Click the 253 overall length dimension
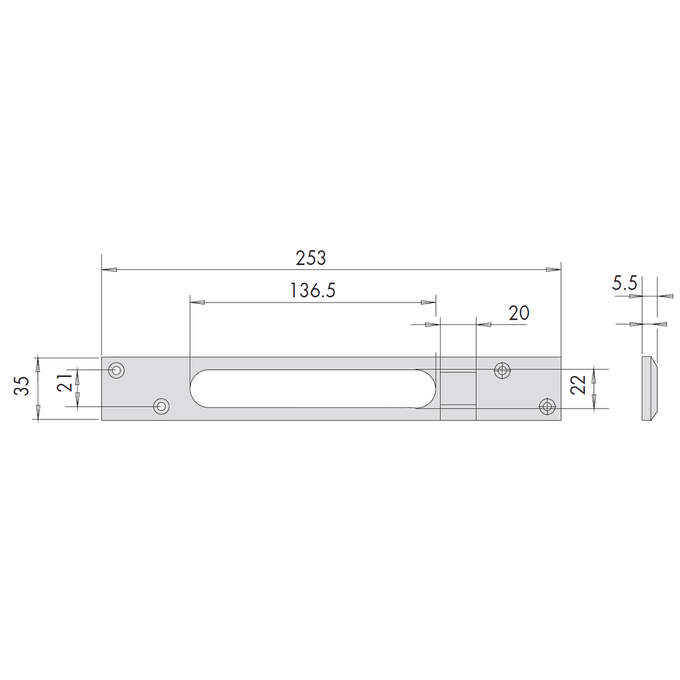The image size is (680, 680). coord(311,258)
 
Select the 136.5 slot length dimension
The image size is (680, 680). coord(313,290)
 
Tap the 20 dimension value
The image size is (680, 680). coord(519,313)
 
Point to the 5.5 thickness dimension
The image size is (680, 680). coord(624,284)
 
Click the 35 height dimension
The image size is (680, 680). coord(22,385)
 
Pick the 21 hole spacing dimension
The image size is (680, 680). coord(65,382)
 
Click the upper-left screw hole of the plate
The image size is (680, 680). coord(116,371)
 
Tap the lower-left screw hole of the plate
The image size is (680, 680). coord(162,407)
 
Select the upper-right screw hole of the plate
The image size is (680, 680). coord(503,371)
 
